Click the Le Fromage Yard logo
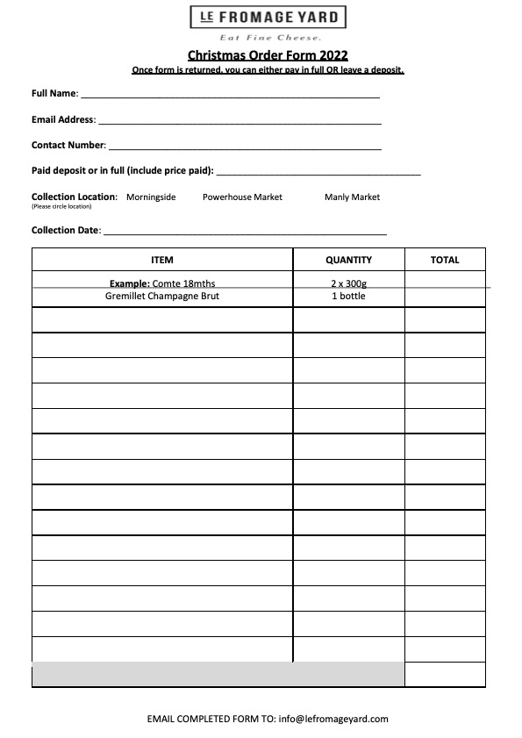tap(268, 18)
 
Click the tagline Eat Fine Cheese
tap(269, 38)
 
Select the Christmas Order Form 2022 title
tap(268, 55)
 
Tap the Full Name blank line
tap(230, 94)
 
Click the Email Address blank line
tap(239, 120)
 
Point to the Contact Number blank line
tap(244, 146)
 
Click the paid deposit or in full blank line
tap(318, 171)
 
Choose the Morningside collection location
tap(151, 197)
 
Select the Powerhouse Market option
tap(242, 197)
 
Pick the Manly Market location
tap(352, 197)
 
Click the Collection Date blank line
tap(245, 232)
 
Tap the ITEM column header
tap(162, 260)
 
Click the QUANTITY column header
tap(348, 260)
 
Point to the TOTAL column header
tap(445, 260)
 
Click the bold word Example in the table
tap(129, 283)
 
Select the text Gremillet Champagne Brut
tap(162, 296)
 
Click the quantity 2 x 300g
tap(348, 283)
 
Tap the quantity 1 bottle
tap(348, 296)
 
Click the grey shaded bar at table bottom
tap(218, 675)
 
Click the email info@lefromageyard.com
tap(333, 719)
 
